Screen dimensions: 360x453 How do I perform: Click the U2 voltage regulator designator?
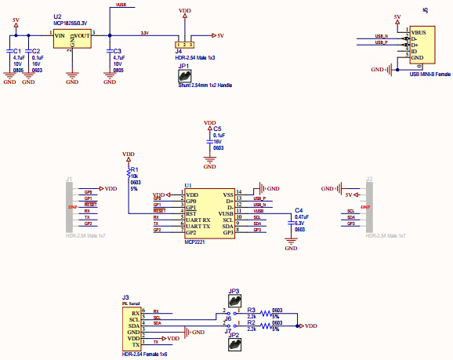(x=57, y=16)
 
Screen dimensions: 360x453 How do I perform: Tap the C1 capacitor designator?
(x=17, y=51)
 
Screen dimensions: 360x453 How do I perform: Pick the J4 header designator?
(x=179, y=52)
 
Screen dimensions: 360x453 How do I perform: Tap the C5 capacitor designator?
(x=217, y=129)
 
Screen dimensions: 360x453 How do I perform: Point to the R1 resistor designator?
(x=134, y=169)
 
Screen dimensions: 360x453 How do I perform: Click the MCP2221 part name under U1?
(x=195, y=242)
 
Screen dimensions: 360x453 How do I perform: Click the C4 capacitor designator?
(x=298, y=210)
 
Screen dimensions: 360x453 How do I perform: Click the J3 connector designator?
(x=125, y=296)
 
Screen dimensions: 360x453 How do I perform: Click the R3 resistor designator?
(x=251, y=311)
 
